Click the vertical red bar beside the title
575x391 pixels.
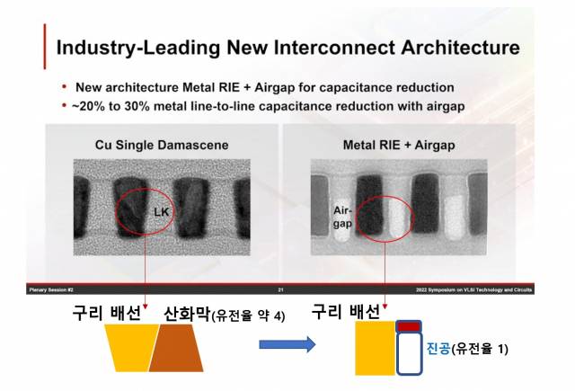[44, 47]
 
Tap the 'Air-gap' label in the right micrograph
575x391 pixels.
[342, 217]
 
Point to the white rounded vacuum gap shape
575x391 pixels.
[410, 354]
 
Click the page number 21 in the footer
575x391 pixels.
[280, 289]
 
